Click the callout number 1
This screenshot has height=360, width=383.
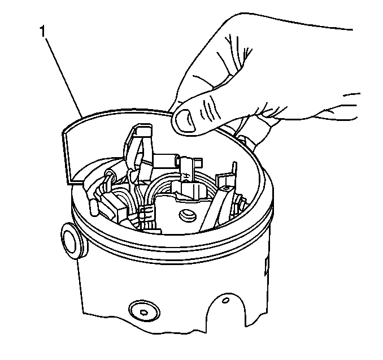[42, 31]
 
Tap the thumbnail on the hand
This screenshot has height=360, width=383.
[186, 120]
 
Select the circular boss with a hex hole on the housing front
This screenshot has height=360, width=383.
[145, 311]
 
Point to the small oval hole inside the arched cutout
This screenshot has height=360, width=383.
[227, 300]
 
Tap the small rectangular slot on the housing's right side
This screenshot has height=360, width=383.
[267, 266]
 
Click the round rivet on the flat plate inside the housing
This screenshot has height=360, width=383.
[188, 215]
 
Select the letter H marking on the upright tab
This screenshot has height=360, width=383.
[186, 176]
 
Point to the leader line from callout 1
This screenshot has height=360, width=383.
[62, 76]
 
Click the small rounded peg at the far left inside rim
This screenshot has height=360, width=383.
[94, 208]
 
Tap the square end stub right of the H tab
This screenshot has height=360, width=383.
[199, 162]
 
